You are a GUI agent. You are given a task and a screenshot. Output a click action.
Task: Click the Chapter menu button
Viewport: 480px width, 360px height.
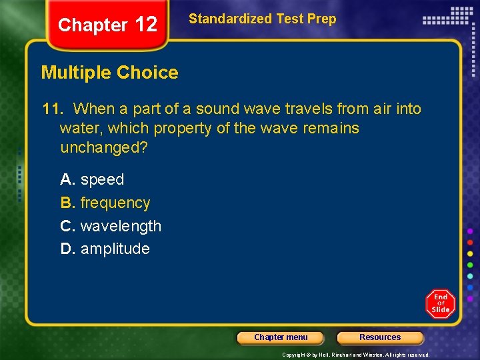[x=281, y=337]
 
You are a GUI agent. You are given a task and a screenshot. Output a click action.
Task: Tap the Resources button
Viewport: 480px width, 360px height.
[x=380, y=337]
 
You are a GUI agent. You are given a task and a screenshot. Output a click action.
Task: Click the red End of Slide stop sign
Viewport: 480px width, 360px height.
[x=440, y=304]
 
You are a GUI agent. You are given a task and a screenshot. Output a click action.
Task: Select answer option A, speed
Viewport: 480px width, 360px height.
[x=93, y=179]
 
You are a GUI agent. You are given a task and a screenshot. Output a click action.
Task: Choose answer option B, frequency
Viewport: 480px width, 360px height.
[x=105, y=203]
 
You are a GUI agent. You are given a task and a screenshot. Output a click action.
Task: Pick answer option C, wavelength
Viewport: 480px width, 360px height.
[x=111, y=226]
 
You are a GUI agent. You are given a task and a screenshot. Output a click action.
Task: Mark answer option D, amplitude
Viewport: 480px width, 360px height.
[x=105, y=249]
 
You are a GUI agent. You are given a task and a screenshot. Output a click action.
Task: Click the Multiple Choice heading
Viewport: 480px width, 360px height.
[x=110, y=73]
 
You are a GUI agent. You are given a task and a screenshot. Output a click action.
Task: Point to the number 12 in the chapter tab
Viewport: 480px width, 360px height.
[x=145, y=25]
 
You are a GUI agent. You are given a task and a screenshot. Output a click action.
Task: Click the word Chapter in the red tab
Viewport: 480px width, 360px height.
[x=93, y=25]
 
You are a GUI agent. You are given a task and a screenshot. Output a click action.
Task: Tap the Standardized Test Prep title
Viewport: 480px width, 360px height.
[x=262, y=19]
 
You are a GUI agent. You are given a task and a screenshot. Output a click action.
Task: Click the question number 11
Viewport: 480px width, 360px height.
[x=53, y=109]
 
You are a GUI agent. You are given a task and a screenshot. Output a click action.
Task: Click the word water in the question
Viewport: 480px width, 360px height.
[x=80, y=128]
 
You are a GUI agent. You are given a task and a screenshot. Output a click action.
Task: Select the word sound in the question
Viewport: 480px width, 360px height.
[x=216, y=109]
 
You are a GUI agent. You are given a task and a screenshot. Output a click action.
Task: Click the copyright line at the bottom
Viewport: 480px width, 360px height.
[x=355, y=355]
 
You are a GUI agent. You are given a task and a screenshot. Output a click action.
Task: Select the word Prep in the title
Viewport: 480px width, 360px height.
[x=323, y=19]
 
